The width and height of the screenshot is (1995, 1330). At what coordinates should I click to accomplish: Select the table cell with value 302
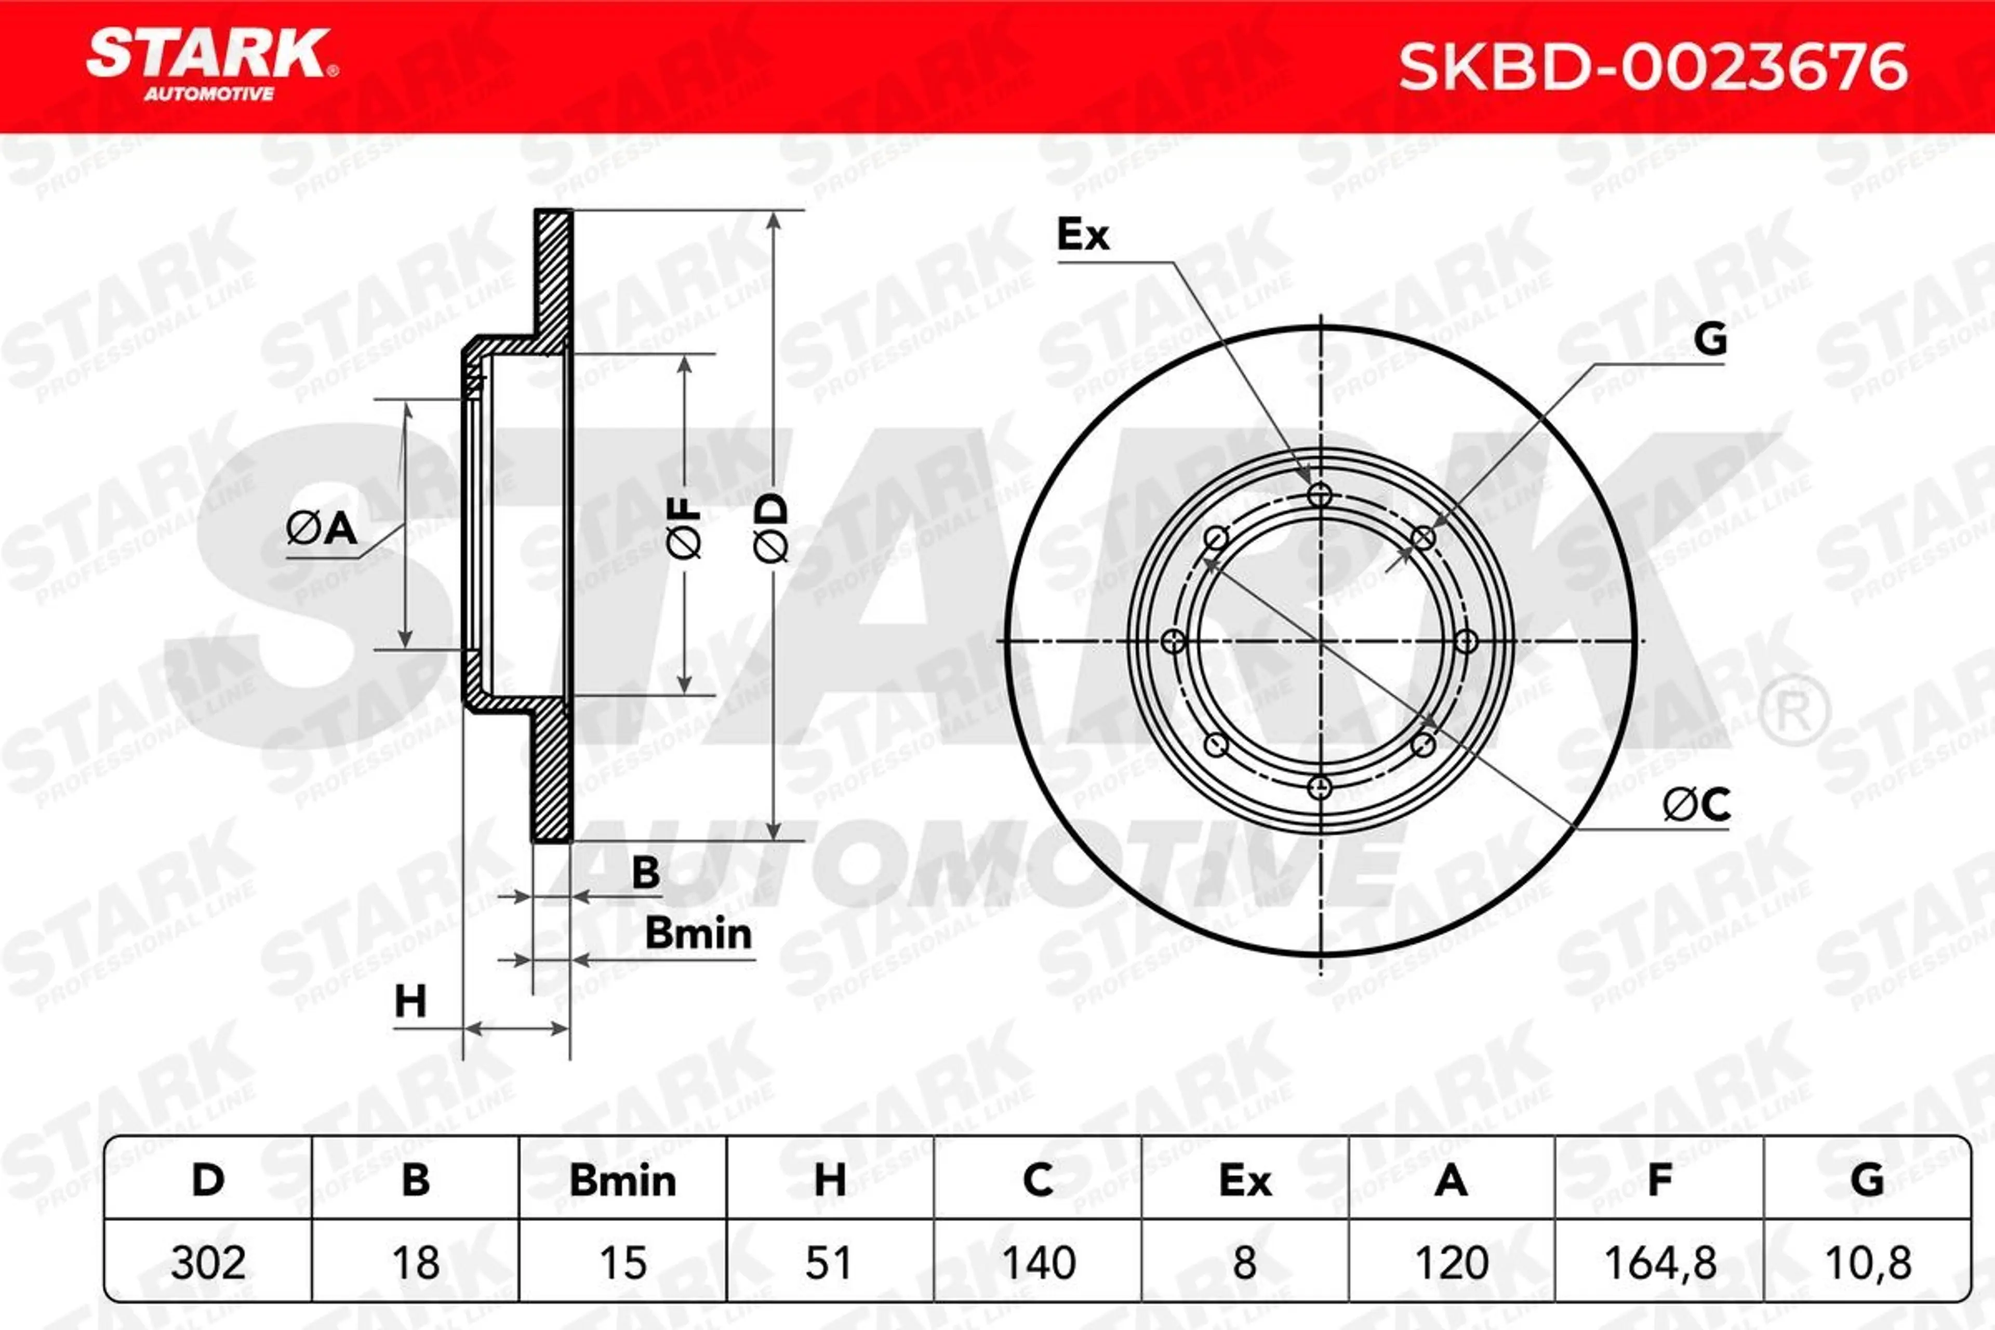pyautogui.click(x=208, y=1262)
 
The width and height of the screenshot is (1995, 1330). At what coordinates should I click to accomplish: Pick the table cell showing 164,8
pyautogui.click(x=1660, y=1262)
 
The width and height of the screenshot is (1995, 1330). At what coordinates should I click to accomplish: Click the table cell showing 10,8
pyautogui.click(x=1867, y=1262)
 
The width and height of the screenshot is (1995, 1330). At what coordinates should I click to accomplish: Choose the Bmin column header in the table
pyautogui.click(x=622, y=1180)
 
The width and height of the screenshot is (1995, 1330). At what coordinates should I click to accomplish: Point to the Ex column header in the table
pyautogui.click(x=1245, y=1180)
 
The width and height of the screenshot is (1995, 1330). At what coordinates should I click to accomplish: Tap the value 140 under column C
pyautogui.click(x=1038, y=1262)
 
